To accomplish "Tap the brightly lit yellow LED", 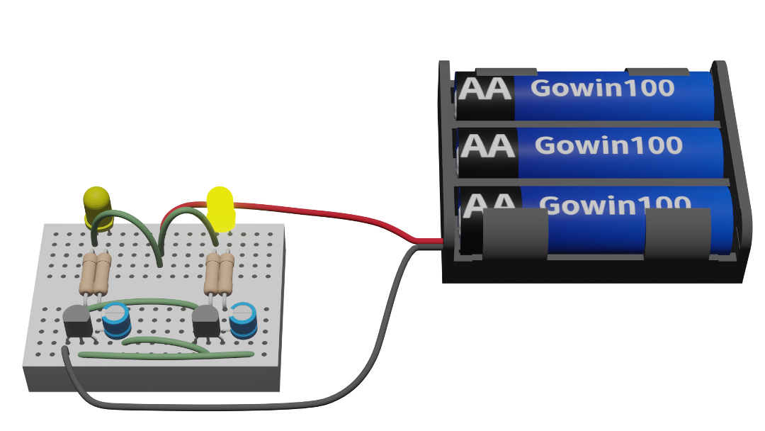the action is pos(220,209).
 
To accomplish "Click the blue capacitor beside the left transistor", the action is pos(115,320).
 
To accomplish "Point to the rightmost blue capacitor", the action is pos(244,320).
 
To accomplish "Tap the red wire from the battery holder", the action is pos(312,213).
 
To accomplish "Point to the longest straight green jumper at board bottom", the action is pos(166,355).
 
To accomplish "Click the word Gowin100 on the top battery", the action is pos(603,88).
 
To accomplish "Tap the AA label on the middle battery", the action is pos(487,146).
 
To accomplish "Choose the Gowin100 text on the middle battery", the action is pos(608,145).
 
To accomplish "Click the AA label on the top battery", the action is pos(485,89).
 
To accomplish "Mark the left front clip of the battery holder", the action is pos(515,233).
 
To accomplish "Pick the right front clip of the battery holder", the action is pos(678,233).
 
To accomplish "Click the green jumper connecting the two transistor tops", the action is pos(142,303).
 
